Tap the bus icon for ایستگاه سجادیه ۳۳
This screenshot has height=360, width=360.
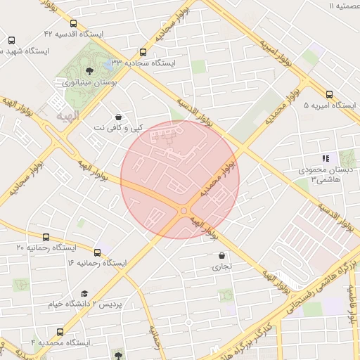click(x=143, y=52)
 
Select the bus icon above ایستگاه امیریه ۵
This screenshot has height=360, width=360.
click(x=330, y=94)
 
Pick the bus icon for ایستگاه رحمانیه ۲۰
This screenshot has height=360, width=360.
click(x=46, y=237)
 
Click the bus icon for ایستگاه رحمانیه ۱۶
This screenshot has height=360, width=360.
click(x=98, y=252)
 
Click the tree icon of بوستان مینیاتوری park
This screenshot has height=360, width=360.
click(x=89, y=70)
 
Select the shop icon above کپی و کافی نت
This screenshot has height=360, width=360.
click(x=117, y=117)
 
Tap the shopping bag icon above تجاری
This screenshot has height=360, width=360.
click(x=222, y=256)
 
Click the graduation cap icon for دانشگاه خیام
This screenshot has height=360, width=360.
click(x=84, y=294)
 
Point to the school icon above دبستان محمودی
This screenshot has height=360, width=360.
click(x=325, y=159)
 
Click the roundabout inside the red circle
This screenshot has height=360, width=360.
click(x=184, y=210)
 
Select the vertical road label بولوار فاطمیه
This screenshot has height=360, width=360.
click(x=354, y=309)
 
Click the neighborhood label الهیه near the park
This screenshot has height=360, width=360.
click(x=67, y=114)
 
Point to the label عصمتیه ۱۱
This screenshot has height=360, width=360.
click(x=340, y=6)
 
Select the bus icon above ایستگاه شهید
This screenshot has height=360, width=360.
click(x=12, y=40)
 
